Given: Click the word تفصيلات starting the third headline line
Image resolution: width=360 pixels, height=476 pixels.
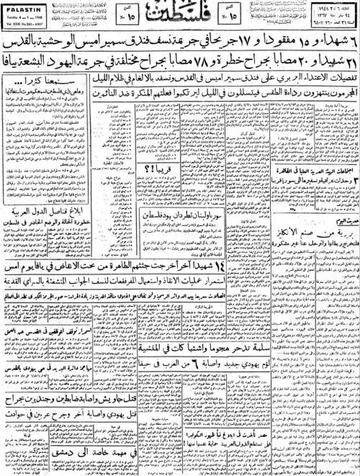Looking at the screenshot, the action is click(327, 74).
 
